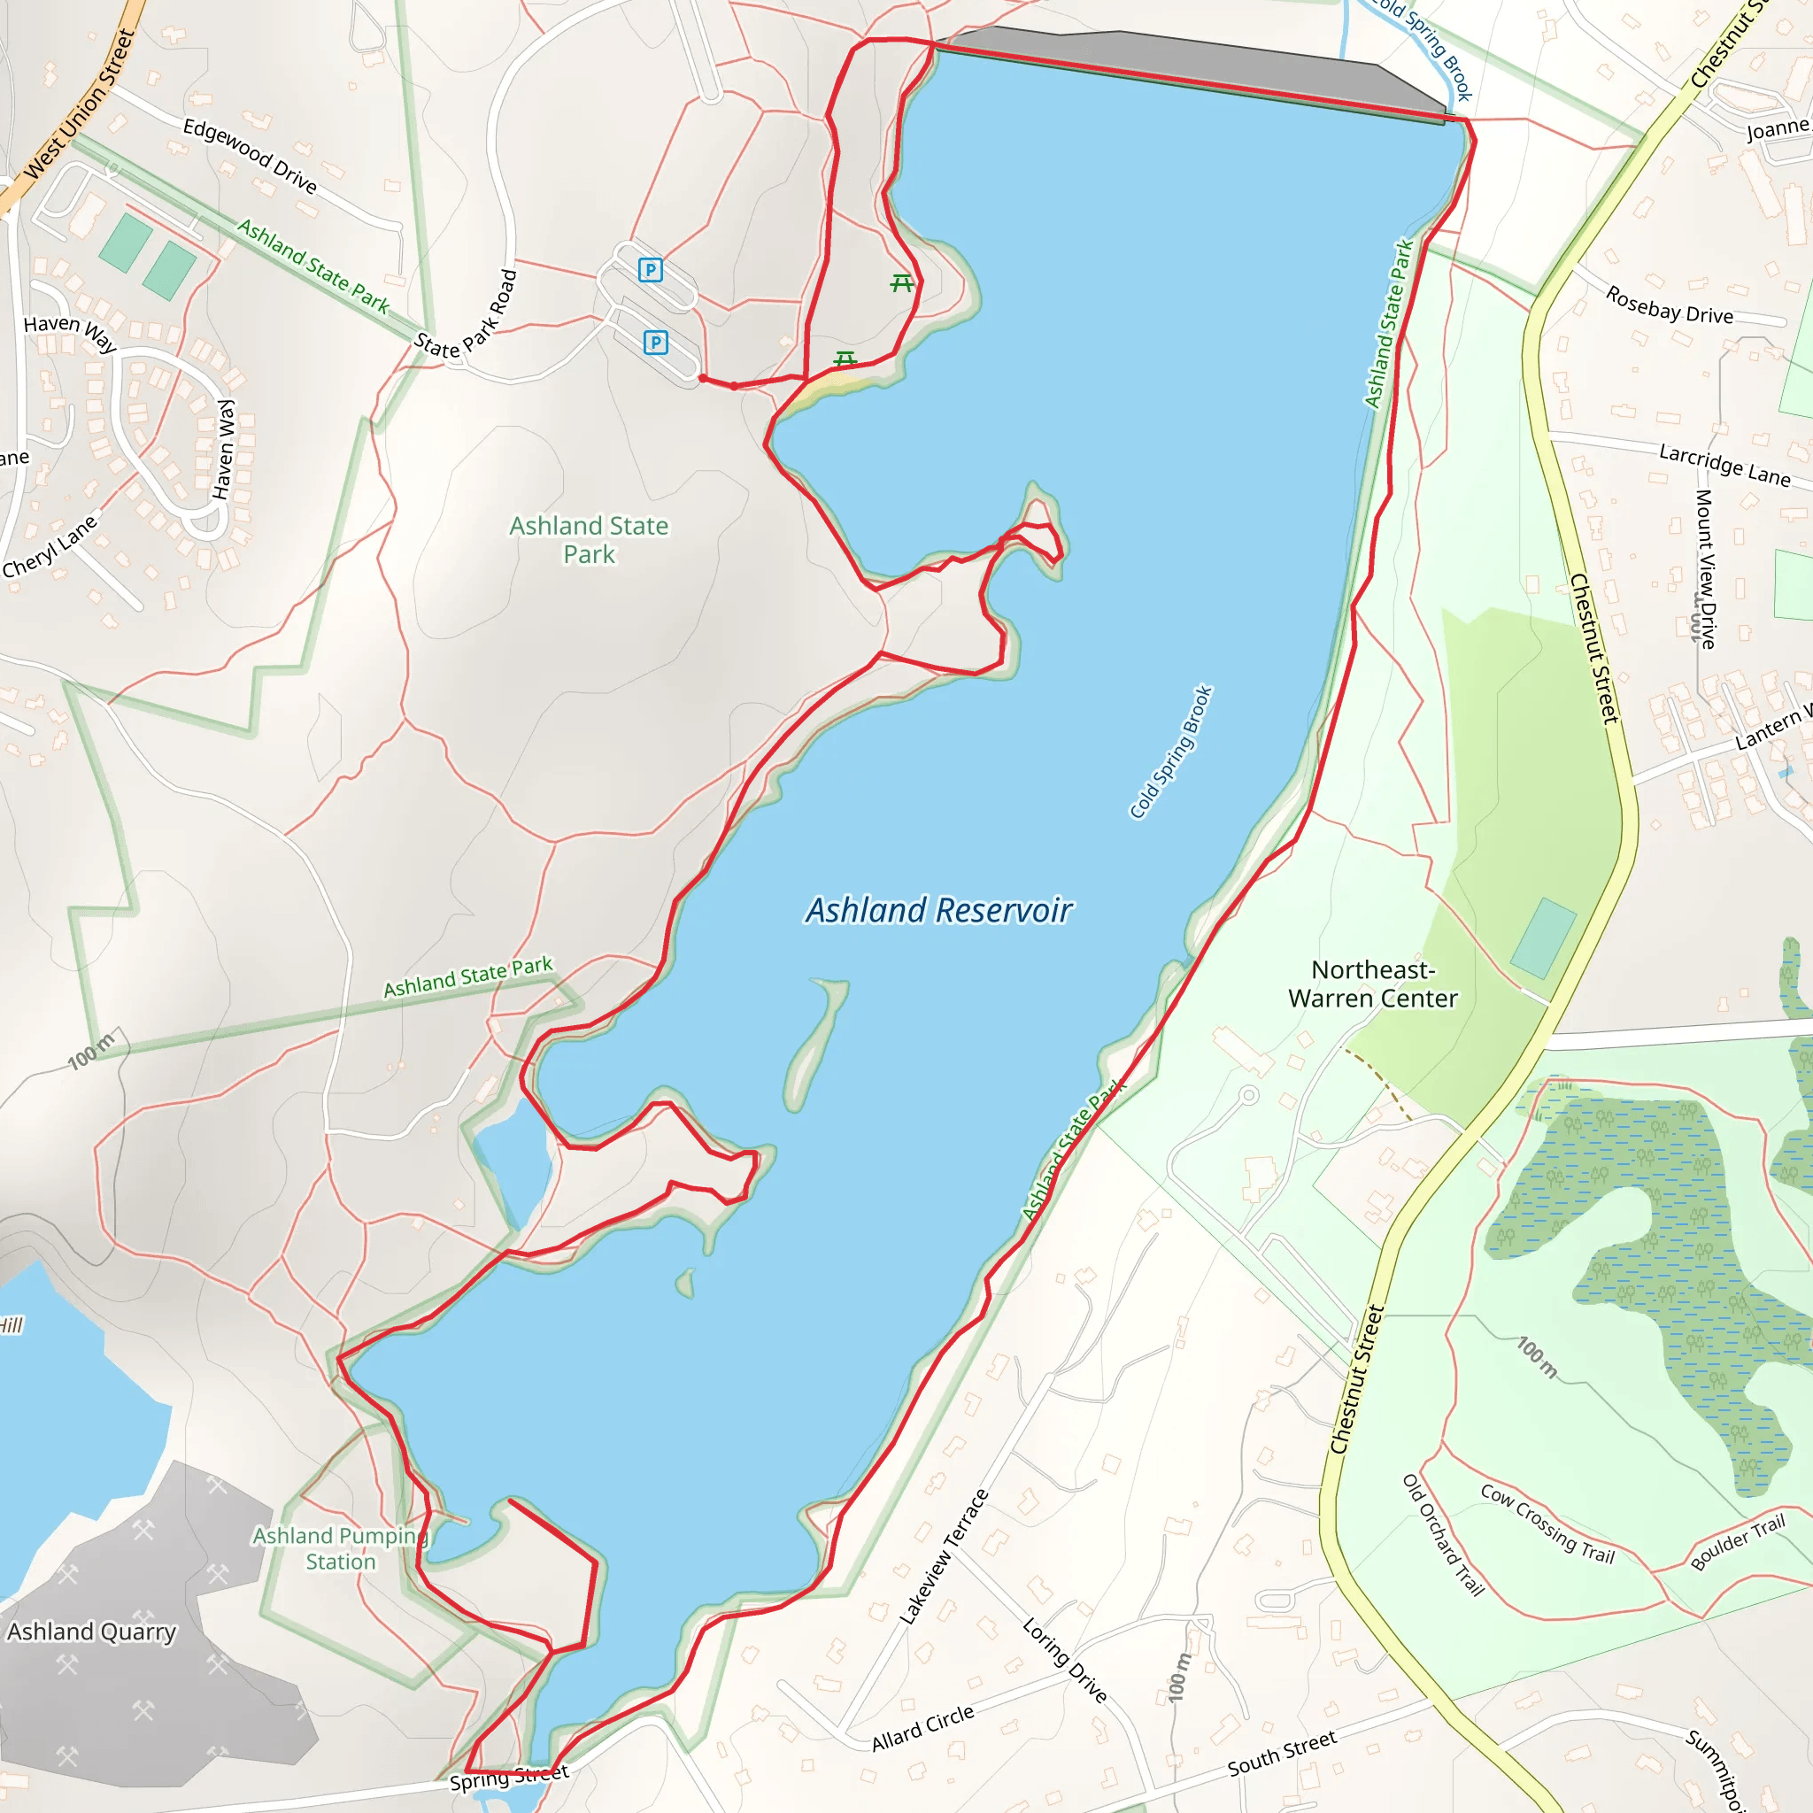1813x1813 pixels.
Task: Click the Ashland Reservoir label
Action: point(938,910)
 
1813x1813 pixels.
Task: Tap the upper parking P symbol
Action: point(651,270)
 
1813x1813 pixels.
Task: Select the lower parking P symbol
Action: point(656,343)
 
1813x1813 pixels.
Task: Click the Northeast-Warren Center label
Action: point(1373,984)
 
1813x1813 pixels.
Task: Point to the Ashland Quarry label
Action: point(91,1632)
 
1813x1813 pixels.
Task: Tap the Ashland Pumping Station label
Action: point(340,1548)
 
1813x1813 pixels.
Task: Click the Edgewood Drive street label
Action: point(250,155)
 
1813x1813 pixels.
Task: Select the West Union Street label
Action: point(80,104)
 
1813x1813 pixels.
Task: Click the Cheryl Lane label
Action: point(50,546)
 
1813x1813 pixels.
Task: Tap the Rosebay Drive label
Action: point(1670,305)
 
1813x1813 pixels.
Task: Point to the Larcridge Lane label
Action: point(1724,465)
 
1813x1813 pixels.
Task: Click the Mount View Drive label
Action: point(1706,568)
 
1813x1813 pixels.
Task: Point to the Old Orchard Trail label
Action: point(1443,1535)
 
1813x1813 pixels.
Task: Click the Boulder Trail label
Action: point(1737,1542)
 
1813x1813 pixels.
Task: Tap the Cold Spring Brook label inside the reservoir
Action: point(1171,752)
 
